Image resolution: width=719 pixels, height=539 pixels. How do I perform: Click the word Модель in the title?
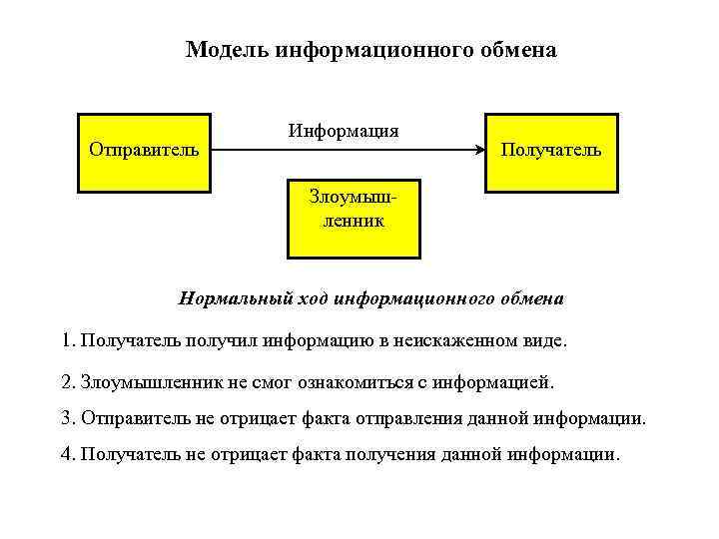point(222,49)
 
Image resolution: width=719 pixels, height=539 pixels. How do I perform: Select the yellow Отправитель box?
point(144,151)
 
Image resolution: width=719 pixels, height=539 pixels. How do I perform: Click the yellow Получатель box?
point(551,151)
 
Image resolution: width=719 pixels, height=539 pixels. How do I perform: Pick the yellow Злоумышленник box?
point(353,218)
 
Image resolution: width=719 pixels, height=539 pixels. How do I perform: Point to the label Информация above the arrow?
point(344,131)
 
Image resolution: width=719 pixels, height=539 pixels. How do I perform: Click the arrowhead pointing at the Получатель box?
point(479,151)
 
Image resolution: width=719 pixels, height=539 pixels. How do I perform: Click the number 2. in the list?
point(68,382)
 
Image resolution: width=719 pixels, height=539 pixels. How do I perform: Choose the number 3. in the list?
point(68,417)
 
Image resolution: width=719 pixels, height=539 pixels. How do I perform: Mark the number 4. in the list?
point(68,454)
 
